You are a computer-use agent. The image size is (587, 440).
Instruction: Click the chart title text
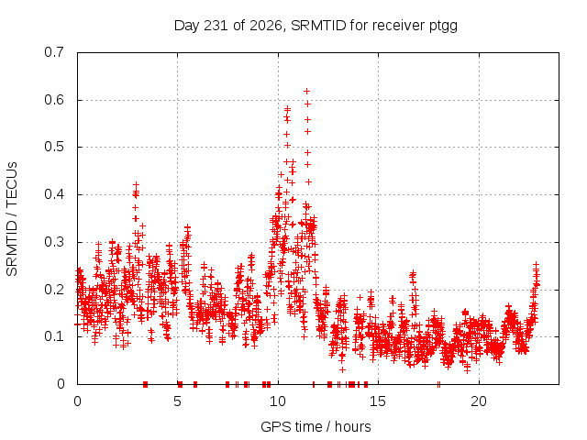[316, 26]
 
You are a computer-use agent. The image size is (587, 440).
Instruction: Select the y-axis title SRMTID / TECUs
[12, 219]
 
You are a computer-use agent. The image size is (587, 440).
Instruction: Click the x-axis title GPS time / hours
[316, 426]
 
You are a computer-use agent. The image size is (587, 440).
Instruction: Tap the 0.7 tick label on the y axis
[54, 52]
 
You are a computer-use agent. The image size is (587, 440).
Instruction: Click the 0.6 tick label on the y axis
[54, 100]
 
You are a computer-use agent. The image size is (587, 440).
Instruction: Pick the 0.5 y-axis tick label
[54, 147]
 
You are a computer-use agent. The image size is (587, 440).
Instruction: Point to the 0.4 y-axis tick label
[54, 194]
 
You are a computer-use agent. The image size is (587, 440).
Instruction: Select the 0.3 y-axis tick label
[54, 242]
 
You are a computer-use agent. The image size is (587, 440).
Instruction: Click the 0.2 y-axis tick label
[54, 290]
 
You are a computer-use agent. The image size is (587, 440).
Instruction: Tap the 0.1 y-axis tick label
[54, 336]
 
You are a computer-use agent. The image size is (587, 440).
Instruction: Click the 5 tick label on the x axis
[177, 401]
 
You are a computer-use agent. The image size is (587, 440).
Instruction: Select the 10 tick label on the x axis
[277, 401]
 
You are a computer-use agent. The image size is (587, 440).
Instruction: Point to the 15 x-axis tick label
[378, 401]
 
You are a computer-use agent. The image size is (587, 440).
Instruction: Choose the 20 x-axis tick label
[479, 401]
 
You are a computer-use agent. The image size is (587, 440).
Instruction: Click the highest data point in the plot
[306, 92]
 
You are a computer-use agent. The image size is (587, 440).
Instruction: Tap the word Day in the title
[187, 27]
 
